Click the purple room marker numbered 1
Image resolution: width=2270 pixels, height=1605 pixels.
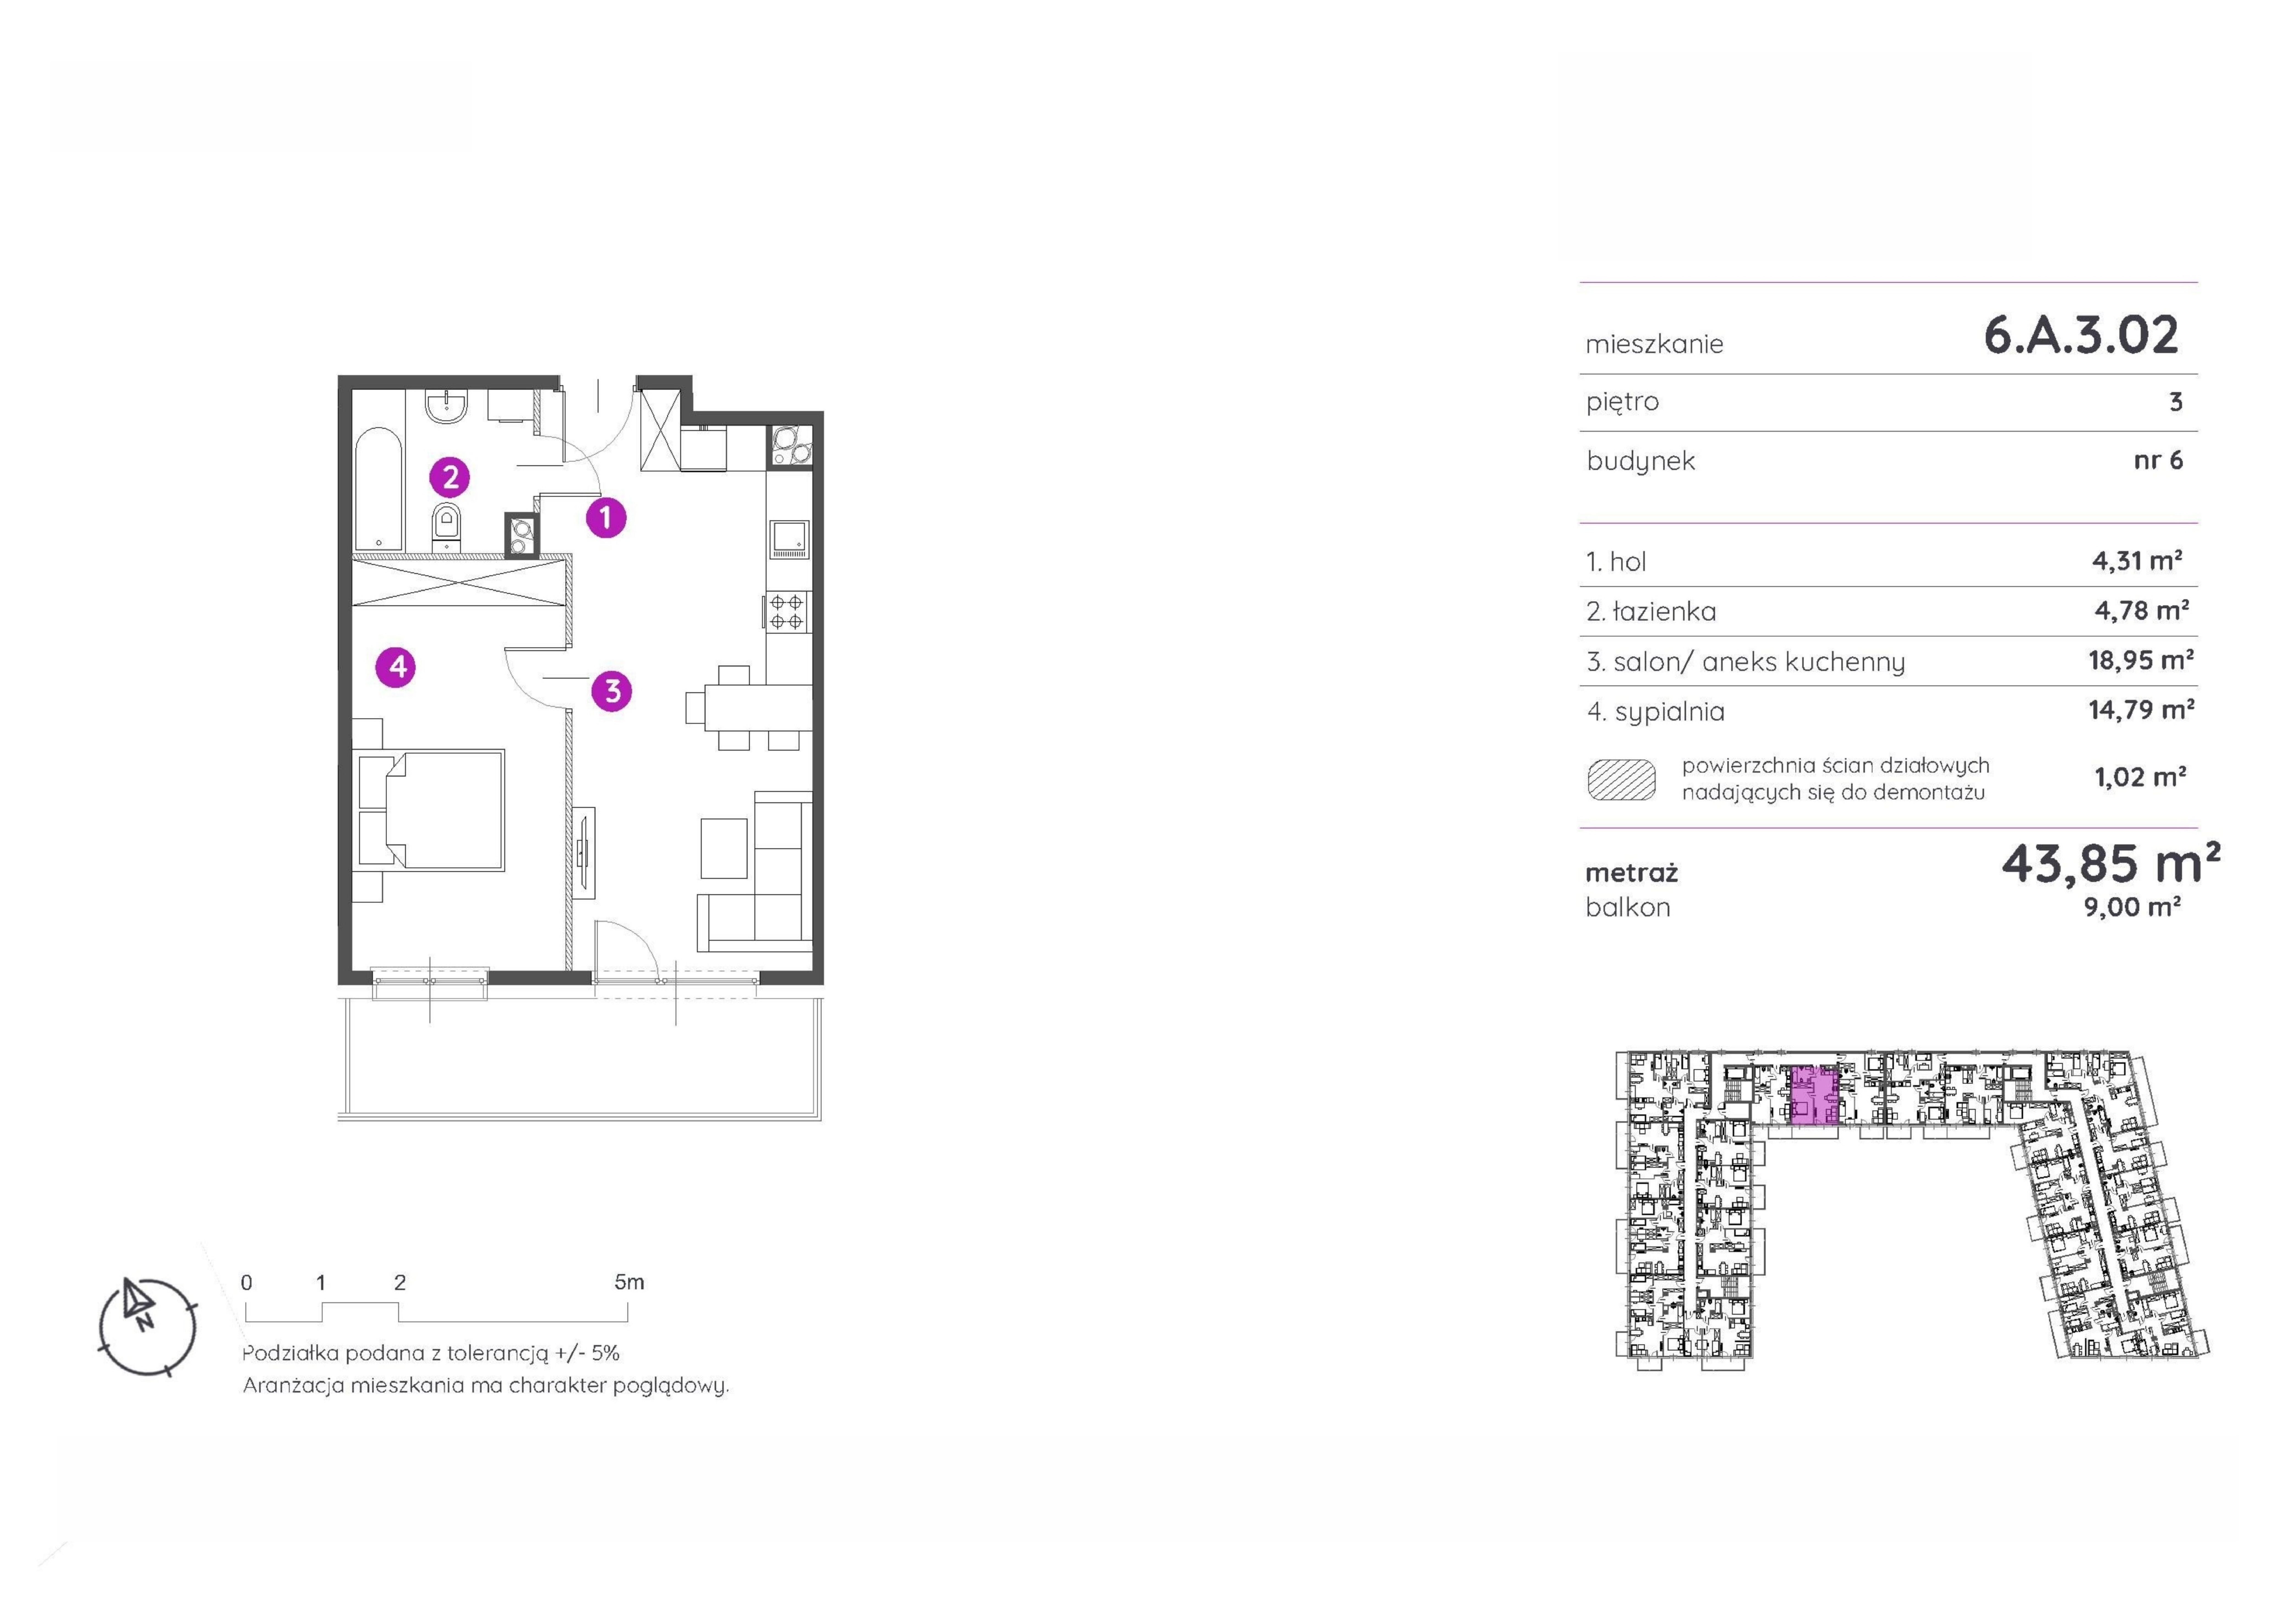tap(606, 517)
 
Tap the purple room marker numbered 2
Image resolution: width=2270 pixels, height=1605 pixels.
tap(450, 478)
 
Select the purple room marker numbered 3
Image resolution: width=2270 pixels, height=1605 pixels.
tap(612, 691)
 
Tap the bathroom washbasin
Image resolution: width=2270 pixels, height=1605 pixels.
tap(449, 406)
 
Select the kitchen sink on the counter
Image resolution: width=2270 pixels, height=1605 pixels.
tap(789, 540)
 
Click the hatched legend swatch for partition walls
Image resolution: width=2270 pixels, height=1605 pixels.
tap(1621, 779)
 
